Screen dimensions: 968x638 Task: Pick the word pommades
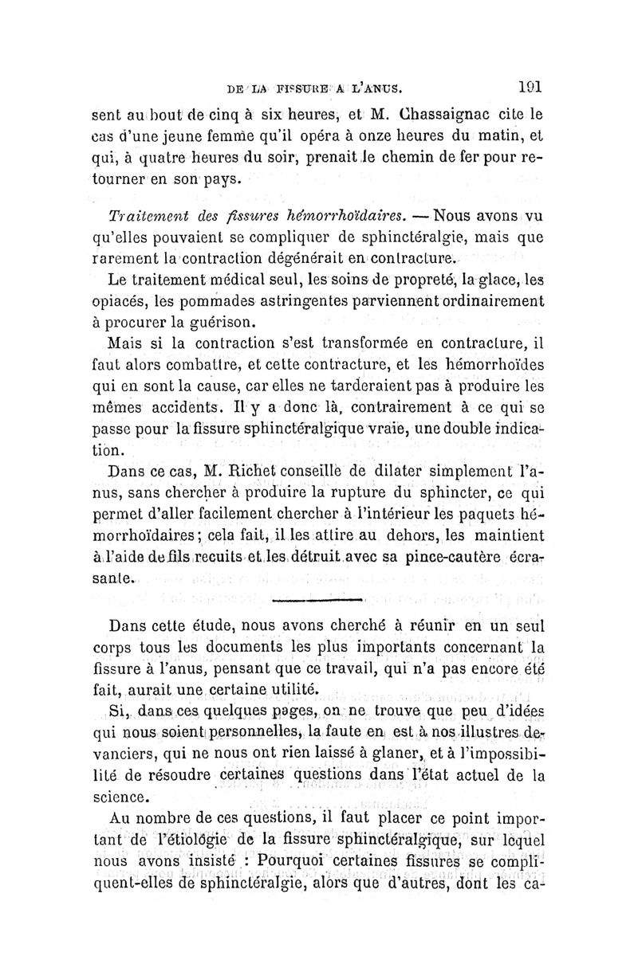coord(215,302)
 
